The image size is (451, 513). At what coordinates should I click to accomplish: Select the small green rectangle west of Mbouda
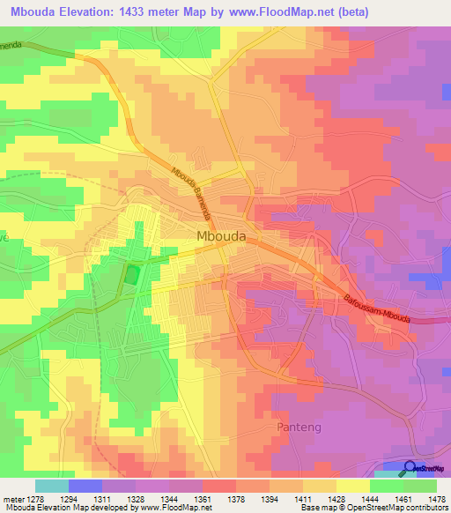[132, 274]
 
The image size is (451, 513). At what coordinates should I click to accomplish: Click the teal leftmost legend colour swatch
[51, 486]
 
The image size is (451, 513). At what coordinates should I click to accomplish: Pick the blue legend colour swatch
[85, 486]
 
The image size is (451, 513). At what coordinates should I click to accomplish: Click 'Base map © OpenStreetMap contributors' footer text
[373, 509]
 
